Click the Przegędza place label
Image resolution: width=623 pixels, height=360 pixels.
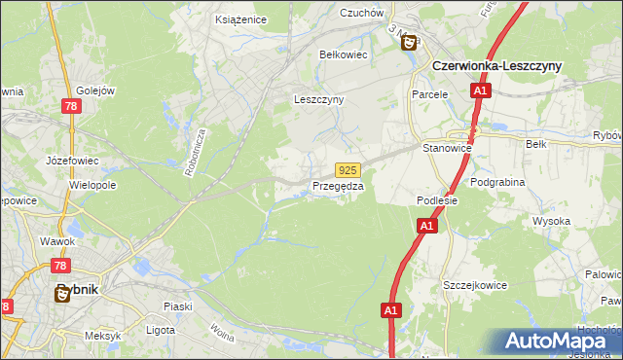[338, 186]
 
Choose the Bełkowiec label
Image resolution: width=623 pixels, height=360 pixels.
[344, 55]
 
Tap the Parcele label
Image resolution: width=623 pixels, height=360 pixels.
[429, 94]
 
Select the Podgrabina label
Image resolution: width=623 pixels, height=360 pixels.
[497, 182]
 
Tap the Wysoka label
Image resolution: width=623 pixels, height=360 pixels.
[551, 221]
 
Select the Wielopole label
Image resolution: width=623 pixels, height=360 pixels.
[93, 184]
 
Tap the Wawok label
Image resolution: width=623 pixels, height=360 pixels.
[57, 240]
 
